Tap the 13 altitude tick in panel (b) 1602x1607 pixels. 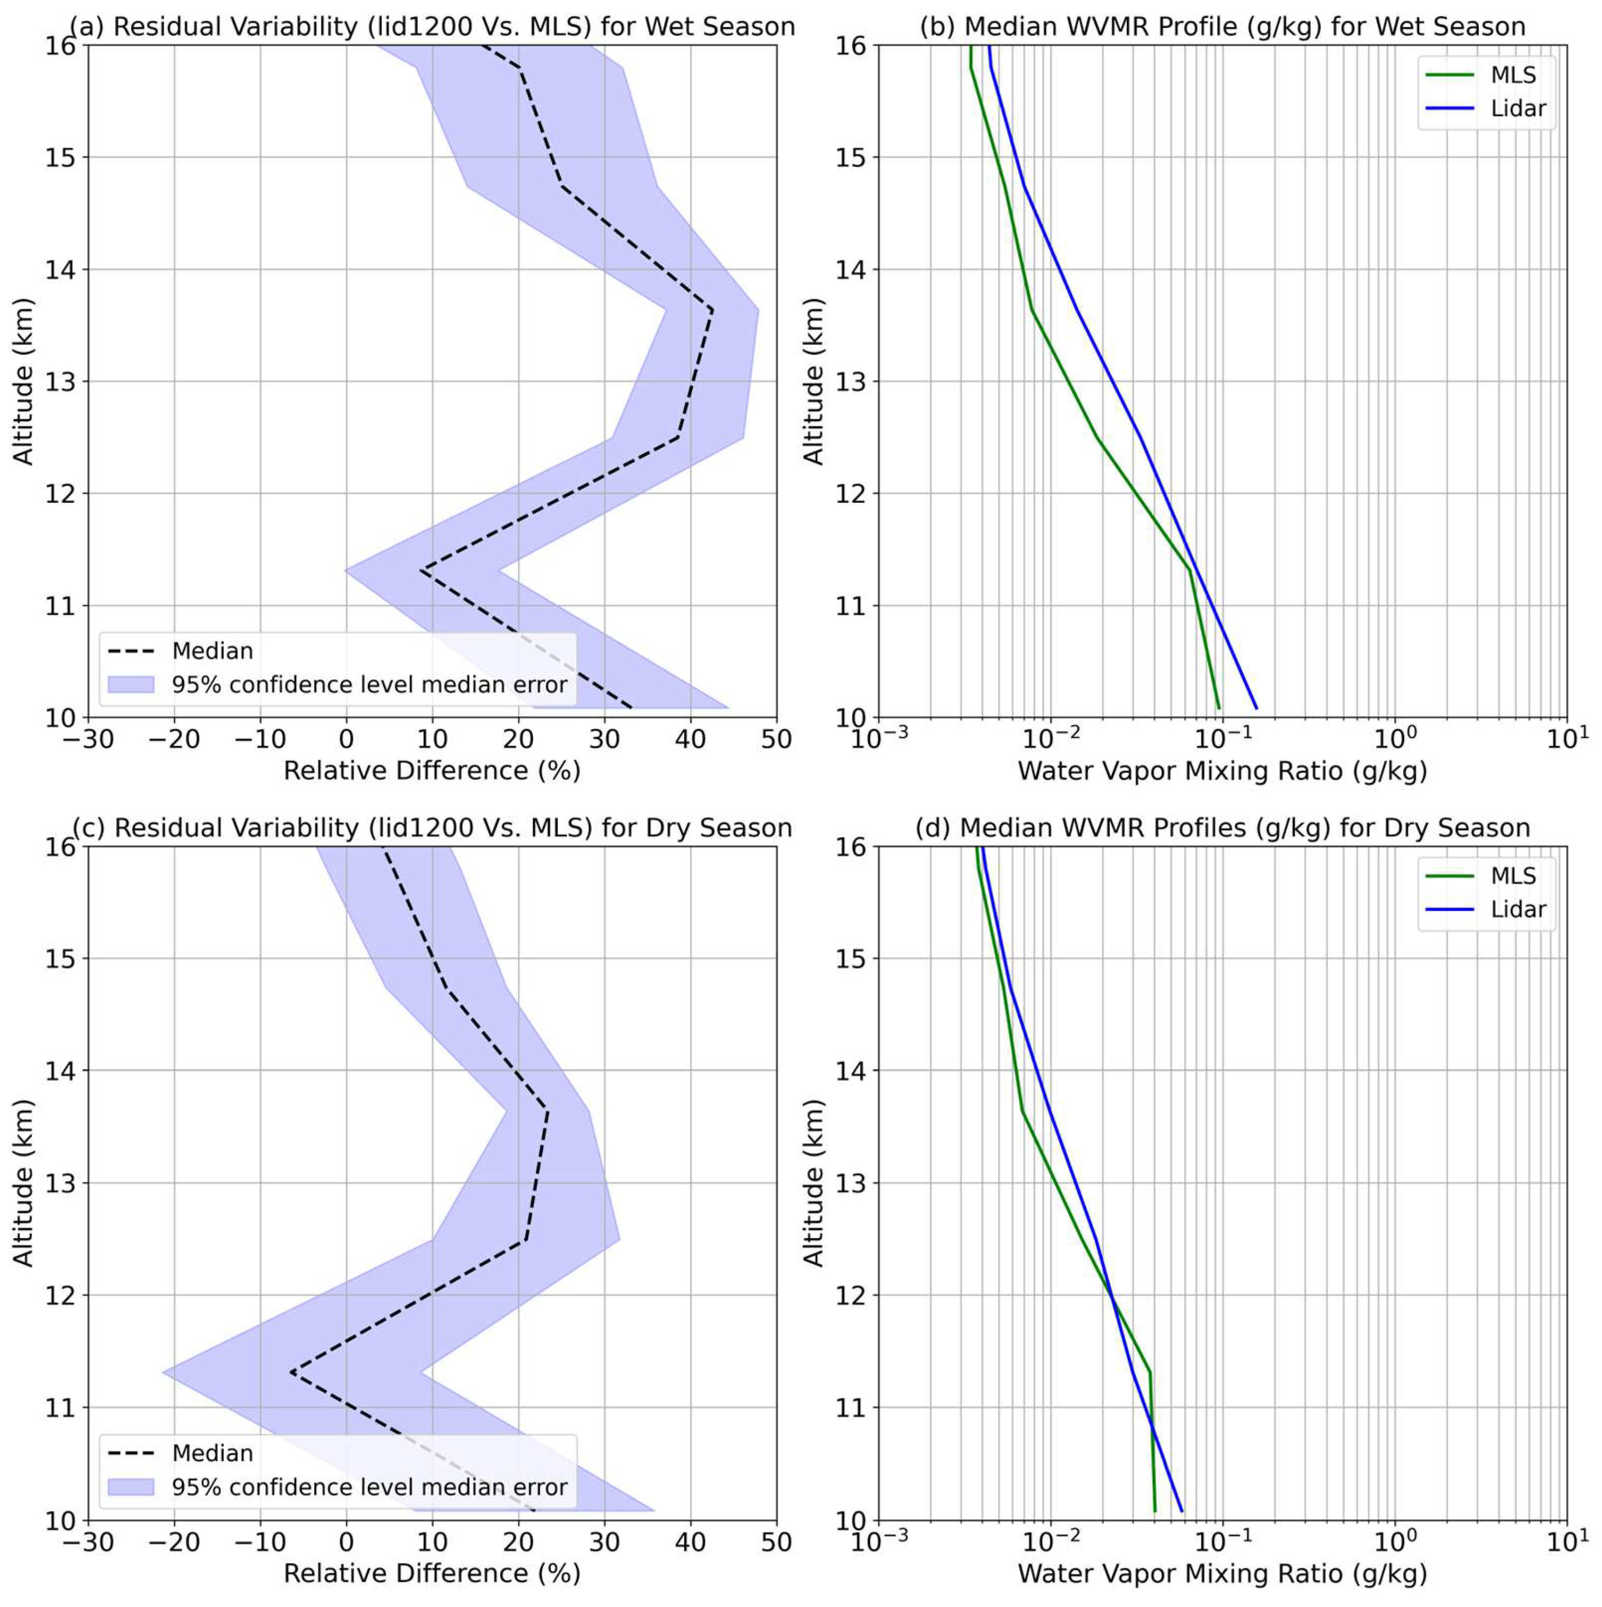coord(851,382)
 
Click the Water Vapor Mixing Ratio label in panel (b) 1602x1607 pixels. coord(1222,771)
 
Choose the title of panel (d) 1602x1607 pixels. coord(1222,828)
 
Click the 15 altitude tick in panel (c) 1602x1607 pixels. coord(60,958)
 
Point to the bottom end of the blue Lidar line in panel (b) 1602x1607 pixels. coord(1256,708)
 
